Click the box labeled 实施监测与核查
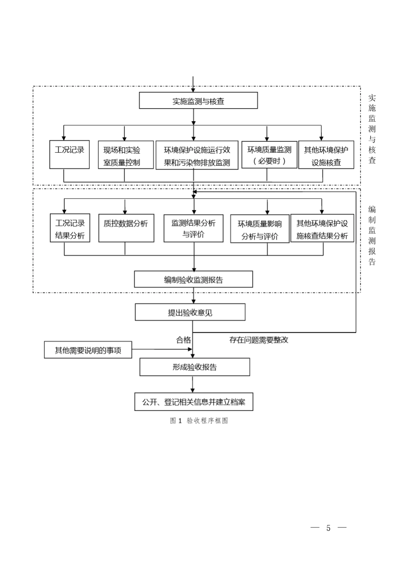point(198,101)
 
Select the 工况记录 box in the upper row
point(70,154)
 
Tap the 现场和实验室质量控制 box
point(126,155)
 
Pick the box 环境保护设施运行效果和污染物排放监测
point(197,156)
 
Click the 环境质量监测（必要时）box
point(269,155)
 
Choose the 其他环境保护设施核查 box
point(326,155)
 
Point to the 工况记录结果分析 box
point(70,228)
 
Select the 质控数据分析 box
point(126,228)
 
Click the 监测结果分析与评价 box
point(193,228)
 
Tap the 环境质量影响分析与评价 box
point(260,229)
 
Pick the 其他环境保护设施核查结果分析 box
point(322,229)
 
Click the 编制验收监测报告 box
point(193,279)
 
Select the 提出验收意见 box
point(190,313)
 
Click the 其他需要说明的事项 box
point(88,350)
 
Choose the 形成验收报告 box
point(194,367)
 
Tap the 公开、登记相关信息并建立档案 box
point(194,402)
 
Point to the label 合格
point(183,340)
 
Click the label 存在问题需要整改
point(259,340)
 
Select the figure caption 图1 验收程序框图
point(199,420)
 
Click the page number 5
point(328,528)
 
